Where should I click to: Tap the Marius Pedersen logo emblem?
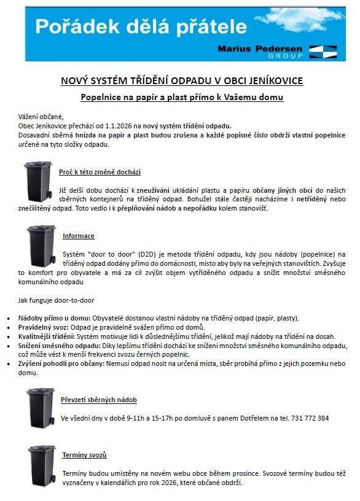[x=323, y=51]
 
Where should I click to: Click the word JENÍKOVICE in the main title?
[x=275, y=80]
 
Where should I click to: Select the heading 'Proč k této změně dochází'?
[x=100, y=173]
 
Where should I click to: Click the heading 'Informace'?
[x=79, y=236]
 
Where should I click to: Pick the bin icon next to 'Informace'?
[x=41, y=244]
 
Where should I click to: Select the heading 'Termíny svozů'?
[x=84, y=455]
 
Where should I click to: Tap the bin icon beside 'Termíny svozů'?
[x=42, y=466]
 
